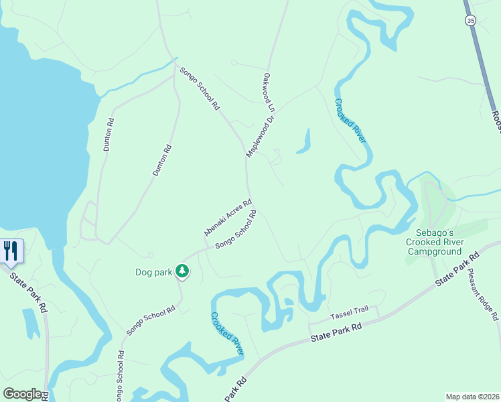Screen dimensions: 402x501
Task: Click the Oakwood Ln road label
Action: [x=270, y=92]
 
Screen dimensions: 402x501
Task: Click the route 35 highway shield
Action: [x=472, y=21]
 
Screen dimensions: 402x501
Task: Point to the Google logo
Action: [x=22, y=394]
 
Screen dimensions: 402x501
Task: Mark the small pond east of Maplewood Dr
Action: [x=305, y=141]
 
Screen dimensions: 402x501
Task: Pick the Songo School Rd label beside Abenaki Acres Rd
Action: [x=236, y=230]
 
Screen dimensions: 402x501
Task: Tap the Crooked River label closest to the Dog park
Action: [x=227, y=333]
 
